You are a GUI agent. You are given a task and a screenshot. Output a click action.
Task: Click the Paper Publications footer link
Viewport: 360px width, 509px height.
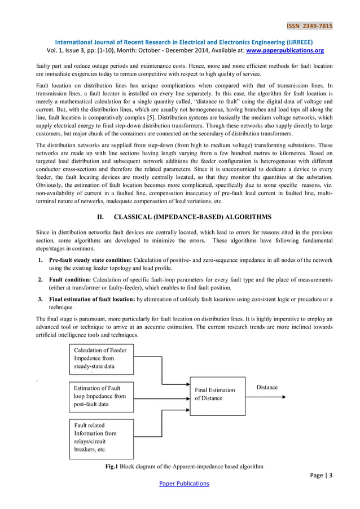click(x=183, y=483)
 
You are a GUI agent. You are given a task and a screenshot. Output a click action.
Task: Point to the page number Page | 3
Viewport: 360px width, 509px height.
click(x=322, y=475)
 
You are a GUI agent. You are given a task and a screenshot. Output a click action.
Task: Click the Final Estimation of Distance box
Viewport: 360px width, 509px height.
click(x=217, y=394)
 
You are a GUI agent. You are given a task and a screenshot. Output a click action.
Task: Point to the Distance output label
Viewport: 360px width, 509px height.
click(x=267, y=388)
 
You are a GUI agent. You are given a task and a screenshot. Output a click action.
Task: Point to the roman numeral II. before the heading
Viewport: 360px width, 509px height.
click(x=102, y=217)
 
